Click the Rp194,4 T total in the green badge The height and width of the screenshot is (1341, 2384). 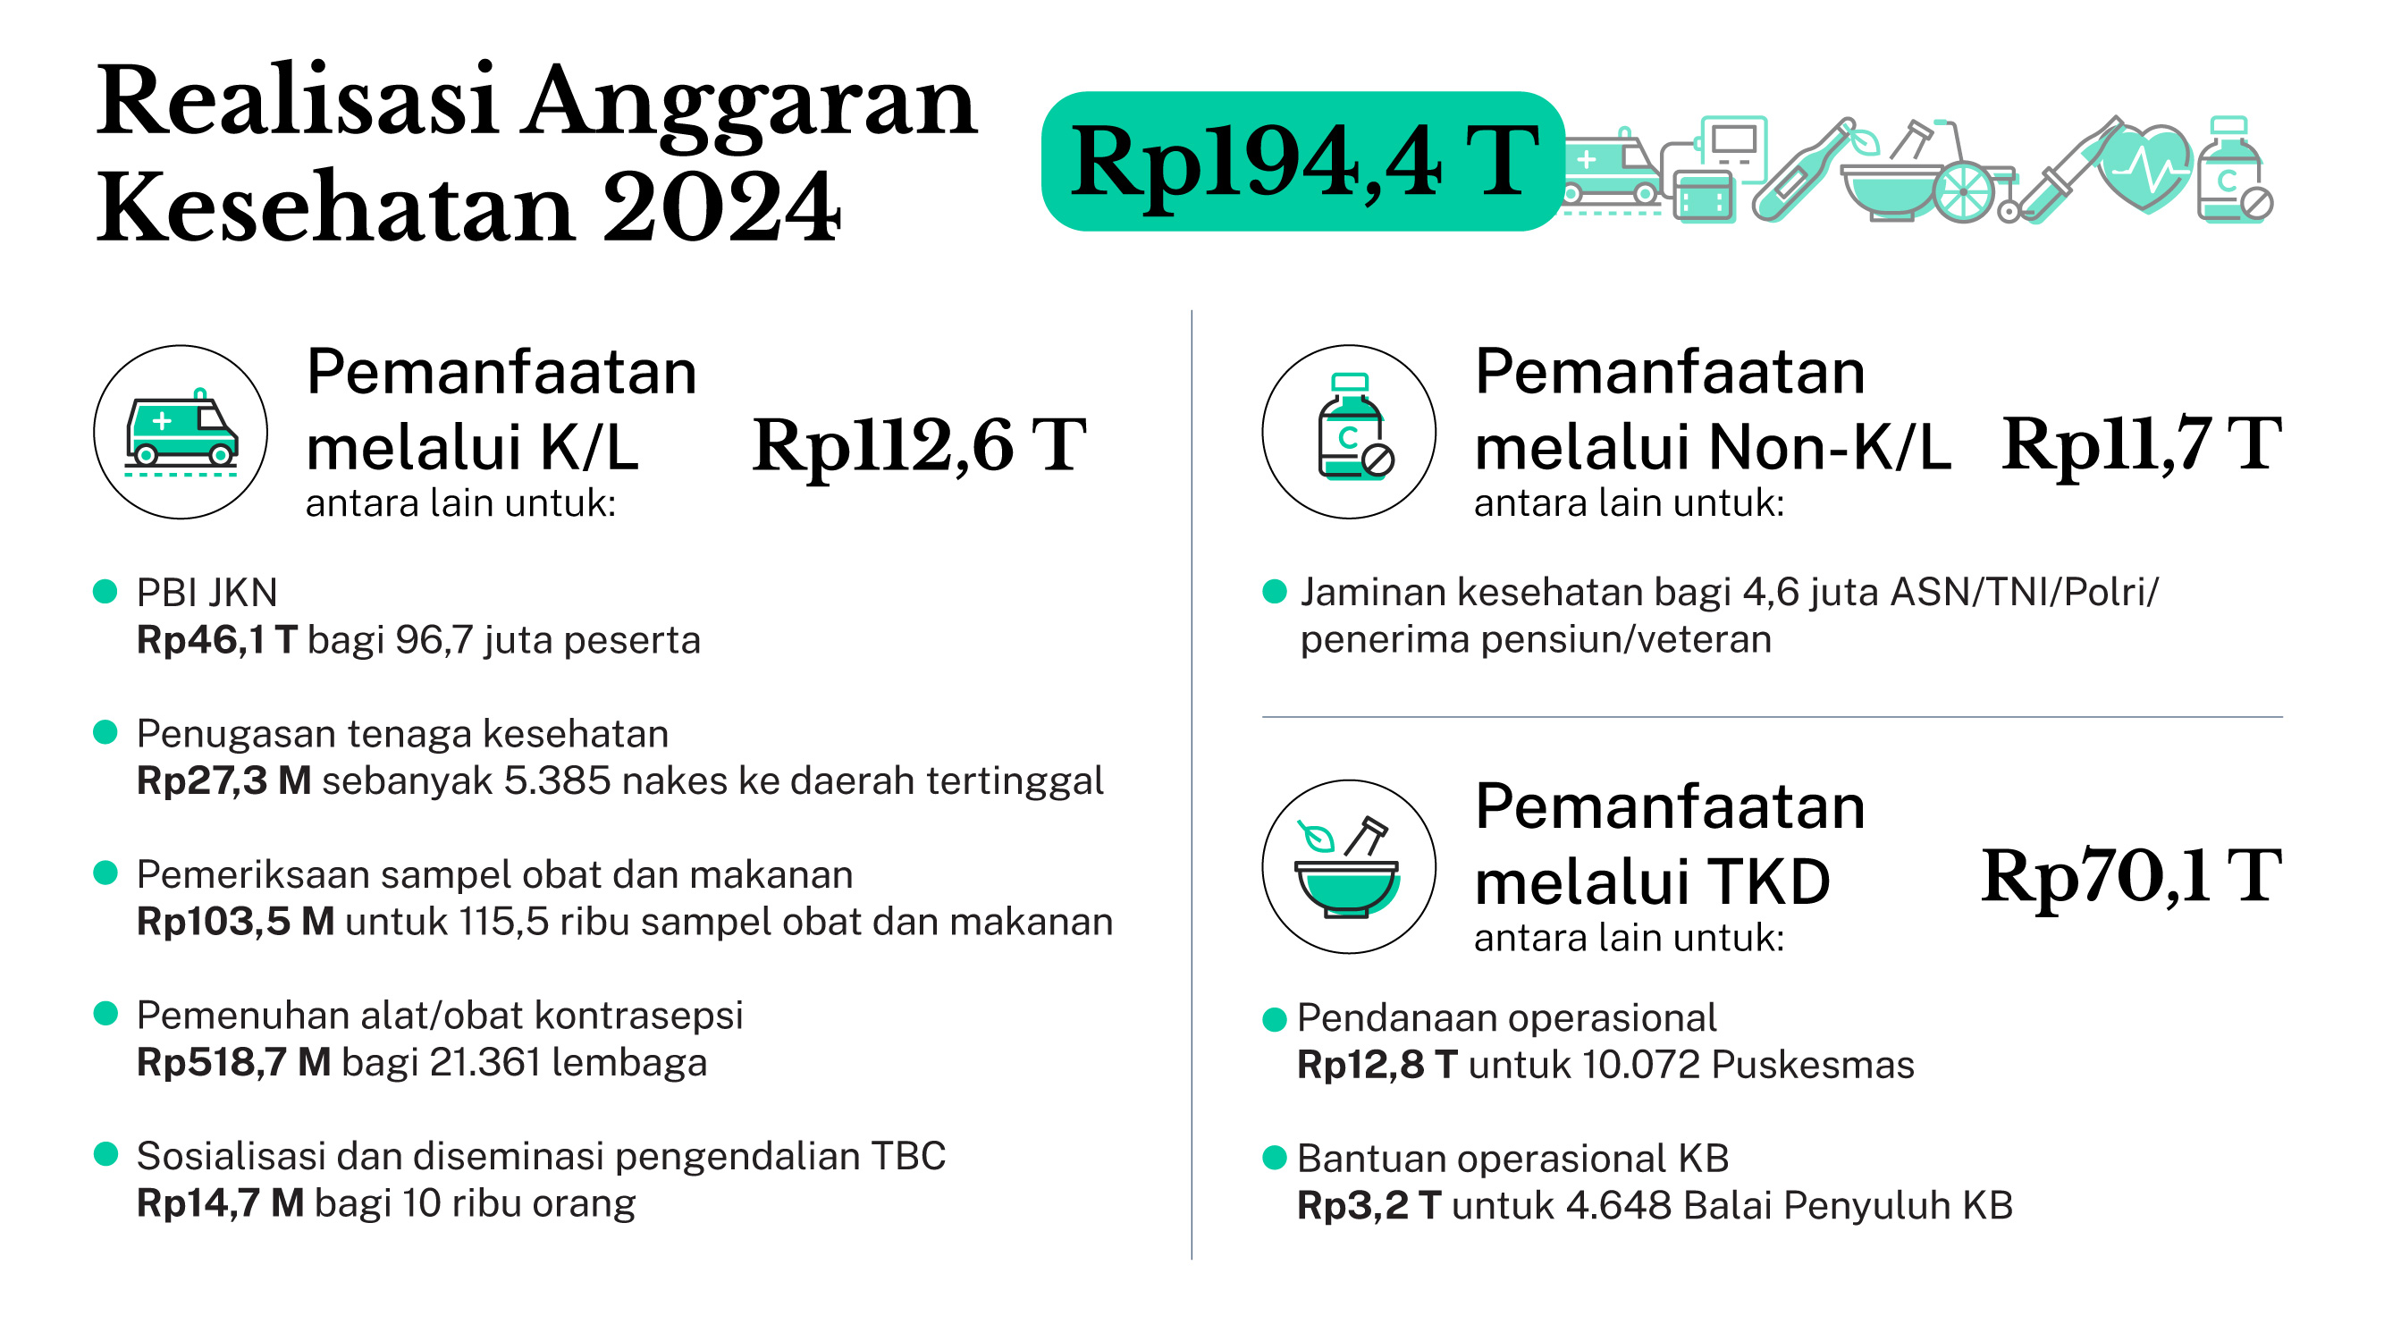click(1303, 163)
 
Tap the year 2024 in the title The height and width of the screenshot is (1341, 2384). click(721, 208)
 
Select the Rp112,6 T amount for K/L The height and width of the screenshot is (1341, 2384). click(918, 446)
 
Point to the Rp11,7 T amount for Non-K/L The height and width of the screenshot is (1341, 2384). click(2141, 446)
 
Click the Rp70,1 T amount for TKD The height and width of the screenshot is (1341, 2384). click(2130, 876)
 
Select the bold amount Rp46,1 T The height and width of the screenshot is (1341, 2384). click(216, 640)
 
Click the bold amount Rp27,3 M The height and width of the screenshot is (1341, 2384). click(224, 781)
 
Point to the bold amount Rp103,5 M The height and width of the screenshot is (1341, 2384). click(235, 922)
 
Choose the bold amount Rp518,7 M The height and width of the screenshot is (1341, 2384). click(233, 1062)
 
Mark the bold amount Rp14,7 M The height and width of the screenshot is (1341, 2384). click(220, 1203)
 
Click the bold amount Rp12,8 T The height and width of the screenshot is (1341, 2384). click(1377, 1066)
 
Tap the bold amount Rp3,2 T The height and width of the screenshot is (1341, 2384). click(1369, 1206)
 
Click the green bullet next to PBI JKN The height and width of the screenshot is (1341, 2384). click(105, 591)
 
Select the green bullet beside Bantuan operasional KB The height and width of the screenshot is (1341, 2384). click(1275, 1158)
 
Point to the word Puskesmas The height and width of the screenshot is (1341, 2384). click(1812, 1066)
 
